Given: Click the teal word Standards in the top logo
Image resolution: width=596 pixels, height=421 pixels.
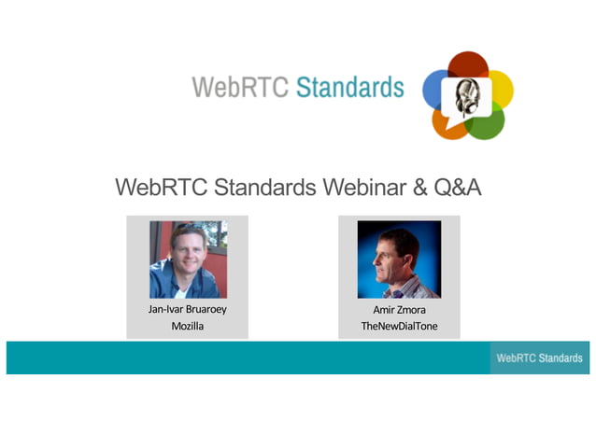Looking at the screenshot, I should pos(349,89).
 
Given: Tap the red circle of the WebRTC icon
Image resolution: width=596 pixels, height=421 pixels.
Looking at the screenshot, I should pos(468,67).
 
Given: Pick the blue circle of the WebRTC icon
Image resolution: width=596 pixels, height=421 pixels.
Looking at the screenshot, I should pos(438,90).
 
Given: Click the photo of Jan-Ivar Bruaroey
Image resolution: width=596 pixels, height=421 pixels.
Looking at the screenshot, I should pos(188,259).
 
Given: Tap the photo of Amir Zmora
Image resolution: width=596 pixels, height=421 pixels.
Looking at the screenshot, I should pos(399,259).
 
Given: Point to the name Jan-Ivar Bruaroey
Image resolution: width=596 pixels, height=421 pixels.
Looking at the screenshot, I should pos(187,309).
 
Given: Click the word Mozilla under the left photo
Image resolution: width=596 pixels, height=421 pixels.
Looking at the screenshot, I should pos(187,326).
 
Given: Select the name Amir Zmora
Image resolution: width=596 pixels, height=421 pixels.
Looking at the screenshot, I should pos(399,309).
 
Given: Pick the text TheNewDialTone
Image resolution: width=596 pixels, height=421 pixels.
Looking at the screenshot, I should pos(399,326).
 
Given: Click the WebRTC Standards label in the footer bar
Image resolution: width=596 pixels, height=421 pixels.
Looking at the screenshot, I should pos(539,358).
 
